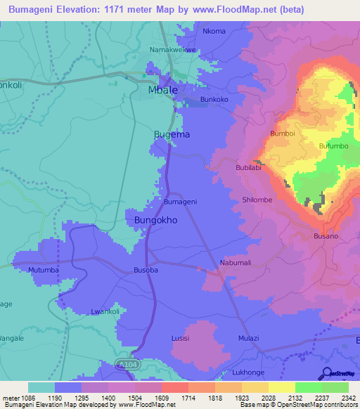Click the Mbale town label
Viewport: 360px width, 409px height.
click(x=162, y=91)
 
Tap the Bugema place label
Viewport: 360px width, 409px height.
click(x=172, y=134)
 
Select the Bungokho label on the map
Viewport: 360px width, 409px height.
click(x=155, y=220)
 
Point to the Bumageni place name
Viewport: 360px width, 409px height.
click(x=180, y=202)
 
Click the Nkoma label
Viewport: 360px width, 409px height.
click(x=214, y=31)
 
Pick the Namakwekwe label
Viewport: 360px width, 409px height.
click(x=174, y=51)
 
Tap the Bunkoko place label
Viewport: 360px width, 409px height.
click(x=214, y=100)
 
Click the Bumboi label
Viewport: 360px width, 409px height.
click(x=281, y=133)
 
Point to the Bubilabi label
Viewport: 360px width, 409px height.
click(x=249, y=168)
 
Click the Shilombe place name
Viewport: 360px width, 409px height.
click(x=257, y=200)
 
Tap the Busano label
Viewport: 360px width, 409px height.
click(x=326, y=237)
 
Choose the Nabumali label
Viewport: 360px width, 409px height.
click(x=236, y=263)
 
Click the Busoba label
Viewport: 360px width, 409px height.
click(x=146, y=270)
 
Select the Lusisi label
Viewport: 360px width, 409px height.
click(x=181, y=338)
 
